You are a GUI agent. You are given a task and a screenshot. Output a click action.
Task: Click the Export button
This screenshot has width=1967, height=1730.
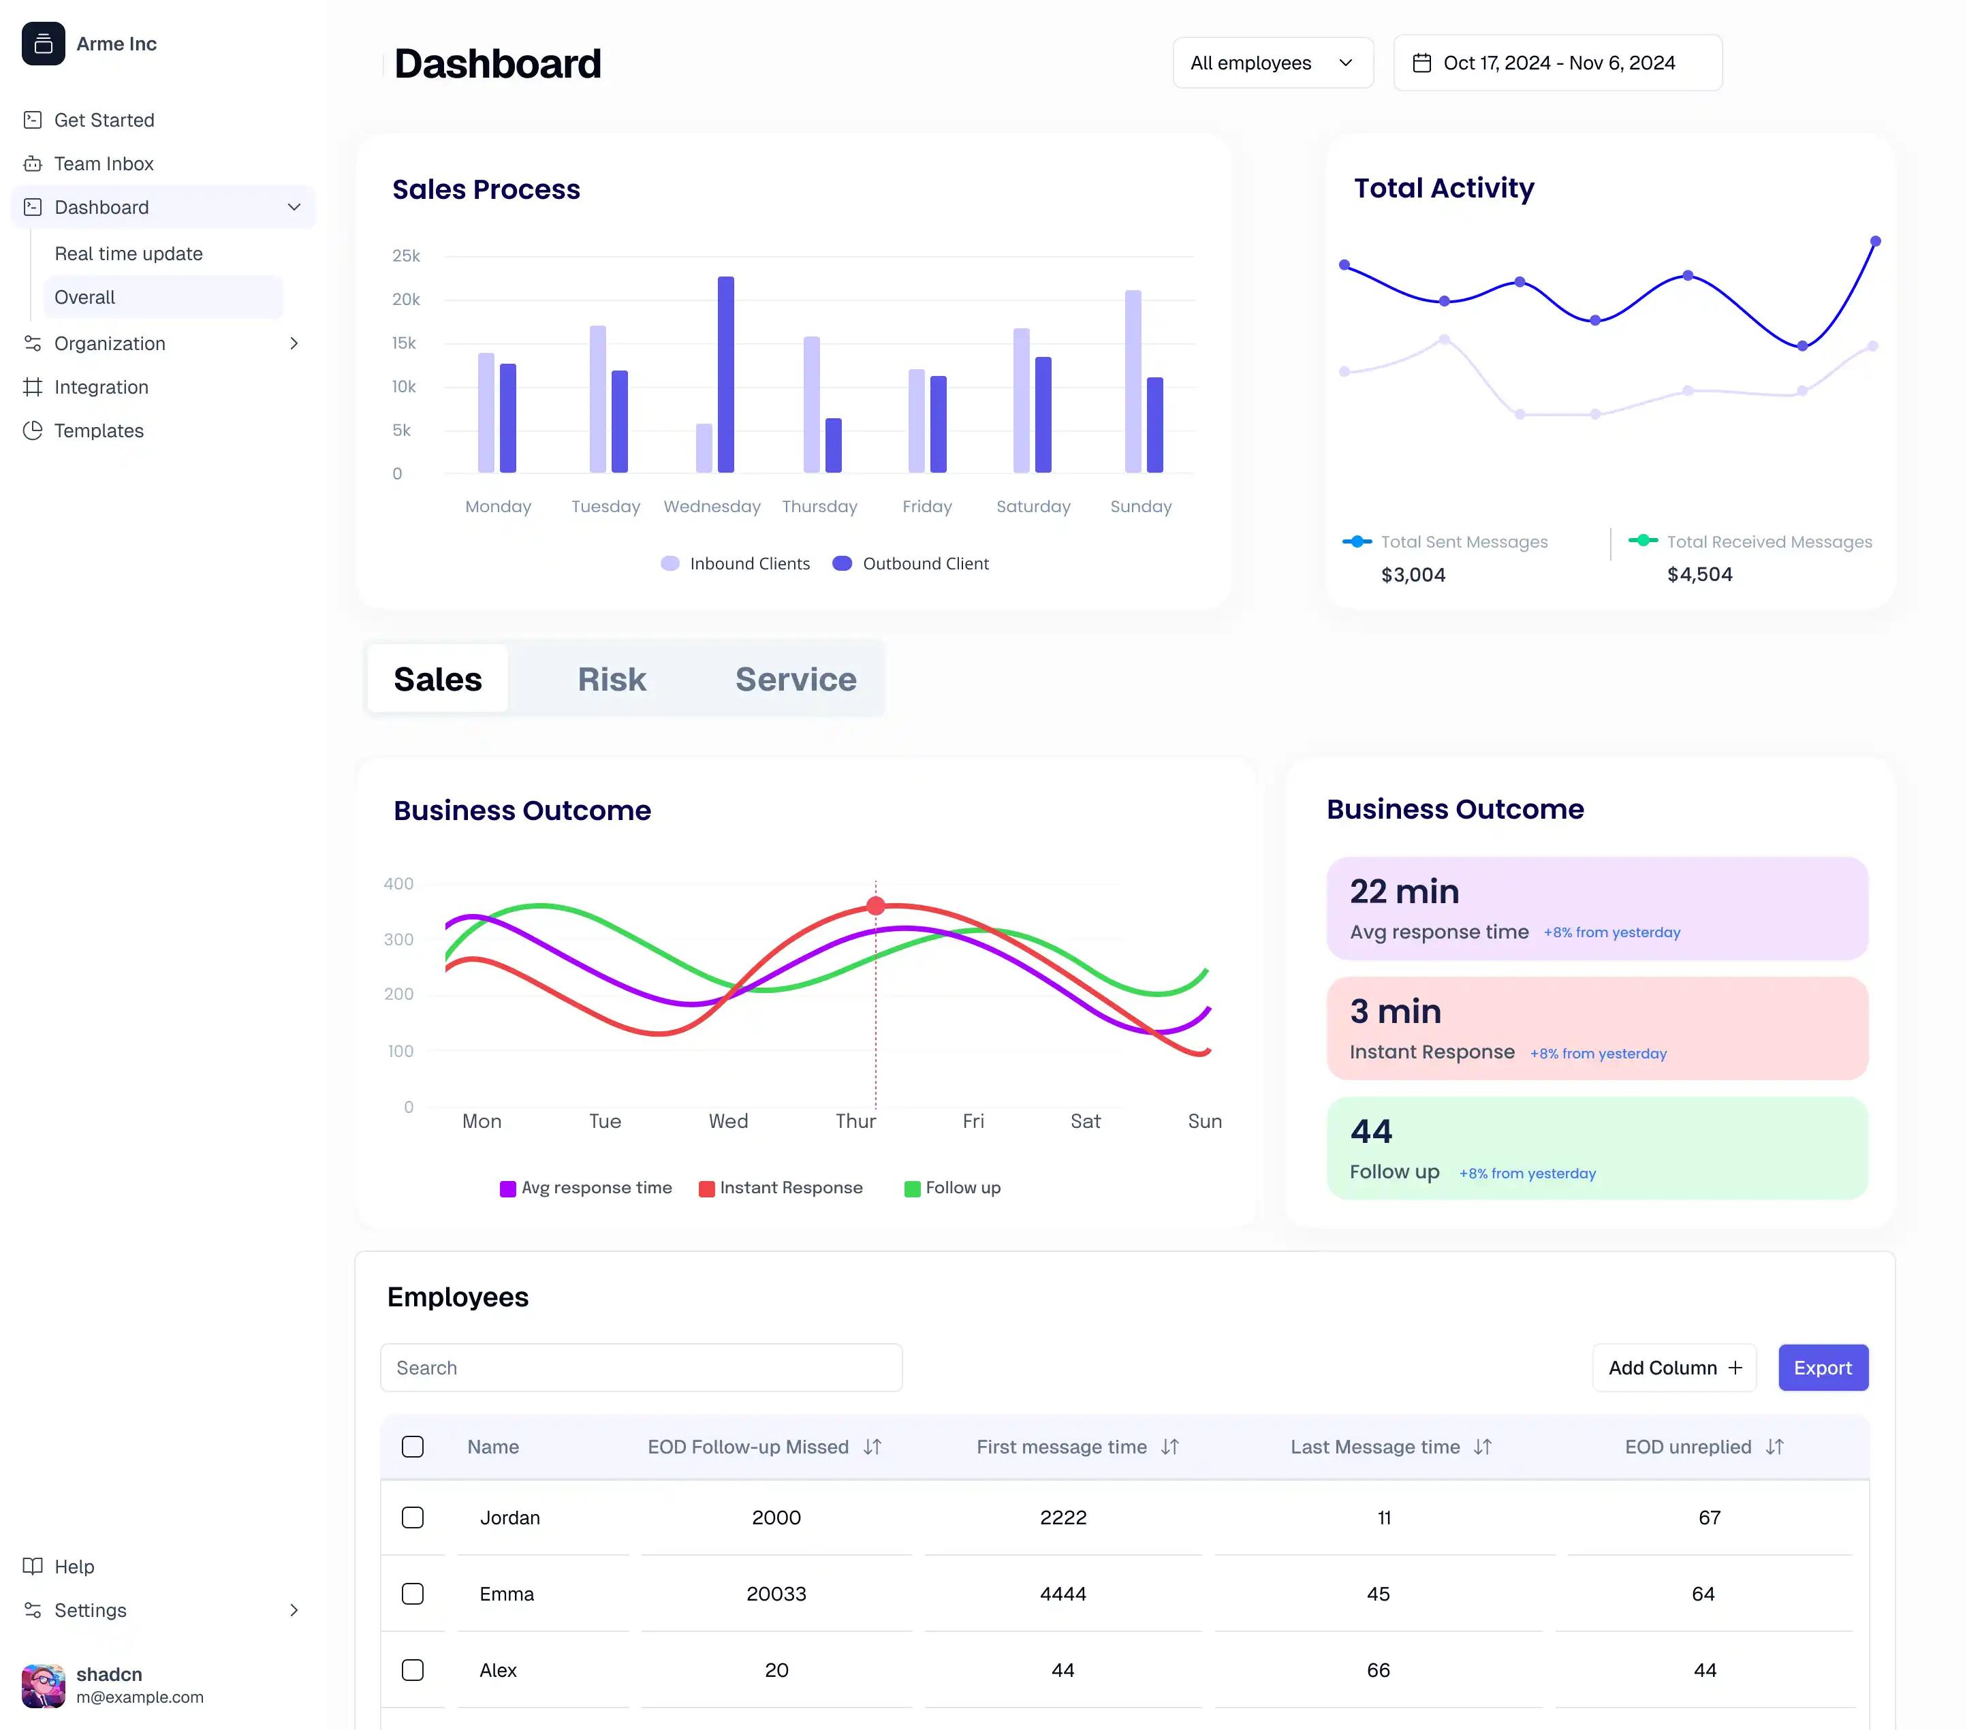pos(1822,1367)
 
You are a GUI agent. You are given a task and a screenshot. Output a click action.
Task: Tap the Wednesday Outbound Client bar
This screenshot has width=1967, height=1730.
pos(725,375)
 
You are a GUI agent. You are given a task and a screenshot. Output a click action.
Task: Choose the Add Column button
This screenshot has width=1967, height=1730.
pos(1673,1367)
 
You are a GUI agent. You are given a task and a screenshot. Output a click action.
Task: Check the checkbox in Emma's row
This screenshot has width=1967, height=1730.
pos(413,1593)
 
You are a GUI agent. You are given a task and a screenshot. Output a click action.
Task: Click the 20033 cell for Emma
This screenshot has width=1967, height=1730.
pos(776,1593)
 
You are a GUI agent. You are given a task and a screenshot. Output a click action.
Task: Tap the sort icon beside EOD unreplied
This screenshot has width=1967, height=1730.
pos(1774,1446)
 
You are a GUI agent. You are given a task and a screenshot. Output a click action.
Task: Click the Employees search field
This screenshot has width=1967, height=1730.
pos(641,1367)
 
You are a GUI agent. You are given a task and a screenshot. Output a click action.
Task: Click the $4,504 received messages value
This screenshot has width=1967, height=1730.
pos(1699,574)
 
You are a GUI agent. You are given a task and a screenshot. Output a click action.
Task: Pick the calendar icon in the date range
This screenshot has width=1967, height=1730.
pos(1421,63)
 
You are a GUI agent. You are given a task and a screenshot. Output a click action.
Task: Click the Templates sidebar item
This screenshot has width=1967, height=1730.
pos(98,430)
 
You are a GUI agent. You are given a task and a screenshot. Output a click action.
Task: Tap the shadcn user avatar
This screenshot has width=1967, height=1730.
pos(44,1685)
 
